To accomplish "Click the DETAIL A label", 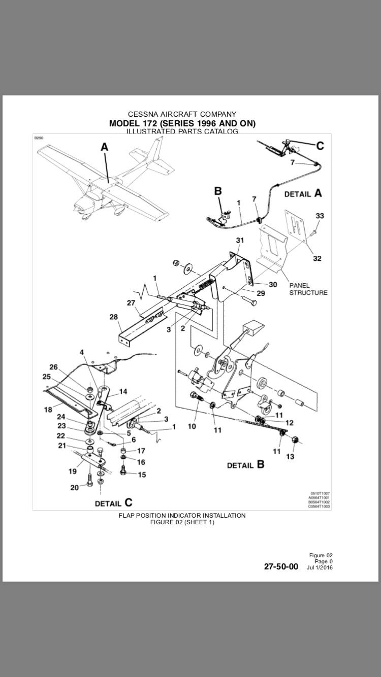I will point(303,193).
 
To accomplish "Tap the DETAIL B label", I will point(245,465).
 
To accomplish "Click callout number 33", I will point(319,216).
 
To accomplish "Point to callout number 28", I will point(113,317).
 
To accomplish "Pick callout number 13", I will point(290,456).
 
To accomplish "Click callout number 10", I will point(192,426).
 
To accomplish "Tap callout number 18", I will point(48,410).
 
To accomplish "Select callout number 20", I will point(75,488).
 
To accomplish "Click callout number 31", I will point(240,240).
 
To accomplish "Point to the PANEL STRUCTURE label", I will point(308,289).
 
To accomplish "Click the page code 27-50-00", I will point(281,567).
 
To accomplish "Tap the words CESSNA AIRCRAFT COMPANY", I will point(182,114).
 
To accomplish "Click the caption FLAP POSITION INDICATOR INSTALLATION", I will point(182,515).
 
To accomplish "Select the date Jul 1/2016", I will point(320,567).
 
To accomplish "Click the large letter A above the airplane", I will point(104,147).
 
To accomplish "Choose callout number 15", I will point(142,475).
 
